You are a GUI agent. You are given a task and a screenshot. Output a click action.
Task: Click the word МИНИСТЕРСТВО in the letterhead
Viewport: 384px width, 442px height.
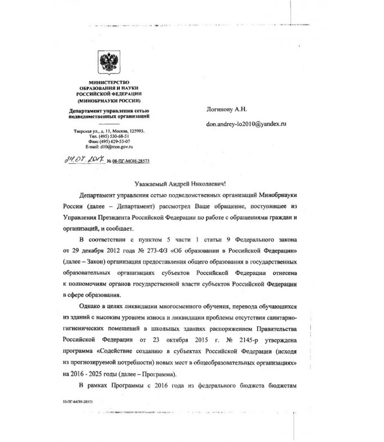105,83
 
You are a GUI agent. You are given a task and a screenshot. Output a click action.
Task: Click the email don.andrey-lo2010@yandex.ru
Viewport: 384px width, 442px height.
246,123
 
